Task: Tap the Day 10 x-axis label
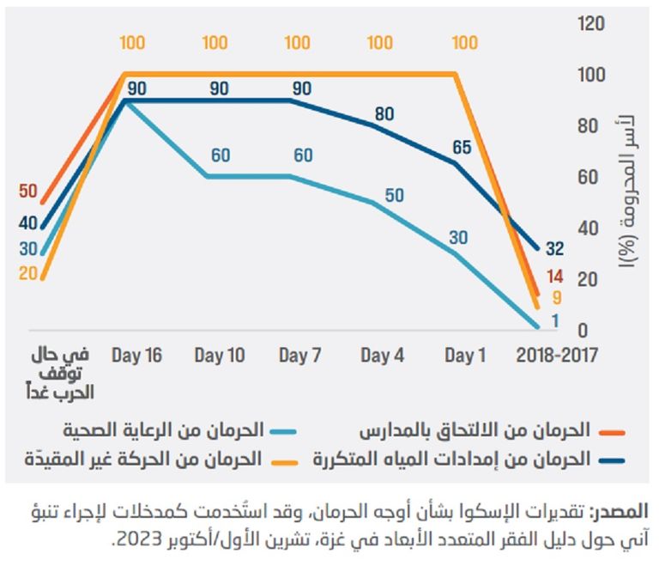[220, 356]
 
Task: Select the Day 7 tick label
[300, 356]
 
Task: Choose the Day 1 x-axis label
[465, 356]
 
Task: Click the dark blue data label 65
[462, 147]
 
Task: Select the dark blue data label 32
[554, 249]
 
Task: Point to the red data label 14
[554, 276]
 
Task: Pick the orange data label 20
[27, 274]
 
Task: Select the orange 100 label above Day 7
[297, 43]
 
